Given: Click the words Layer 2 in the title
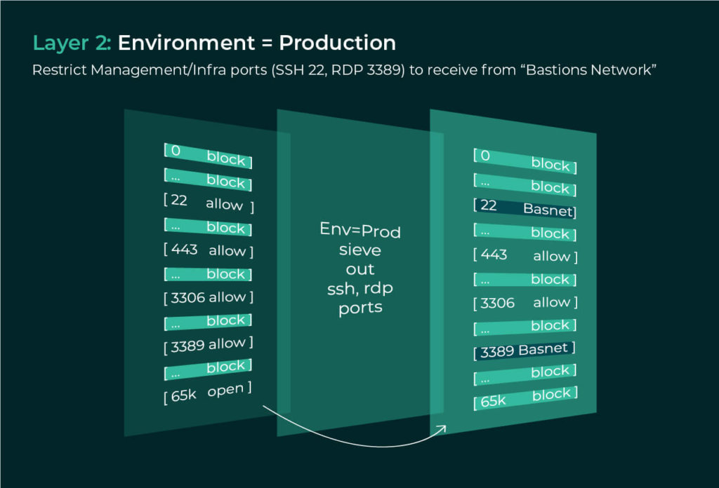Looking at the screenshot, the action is click(72, 43).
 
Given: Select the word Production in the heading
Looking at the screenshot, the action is click(337, 43).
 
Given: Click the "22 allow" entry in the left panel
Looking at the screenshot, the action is click(208, 203).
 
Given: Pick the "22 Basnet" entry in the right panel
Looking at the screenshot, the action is click(525, 208).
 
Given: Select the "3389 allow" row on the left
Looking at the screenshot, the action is click(208, 345).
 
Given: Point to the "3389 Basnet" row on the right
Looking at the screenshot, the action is click(525, 351).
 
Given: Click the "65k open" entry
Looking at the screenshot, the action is click(208, 393).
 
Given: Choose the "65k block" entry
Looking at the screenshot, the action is click(525, 398).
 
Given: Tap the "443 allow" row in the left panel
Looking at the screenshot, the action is click(208, 250).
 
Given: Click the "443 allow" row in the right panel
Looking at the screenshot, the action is click(525, 255).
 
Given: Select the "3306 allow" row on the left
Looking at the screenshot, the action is click(208, 297).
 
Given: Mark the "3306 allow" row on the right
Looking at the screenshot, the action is click(525, 303).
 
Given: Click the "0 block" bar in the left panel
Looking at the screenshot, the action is click(208, 156).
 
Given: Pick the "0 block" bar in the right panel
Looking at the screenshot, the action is click(525, 161).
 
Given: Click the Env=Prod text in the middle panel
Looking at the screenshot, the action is click(360, 230).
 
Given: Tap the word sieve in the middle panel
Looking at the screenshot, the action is click(360, 250).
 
